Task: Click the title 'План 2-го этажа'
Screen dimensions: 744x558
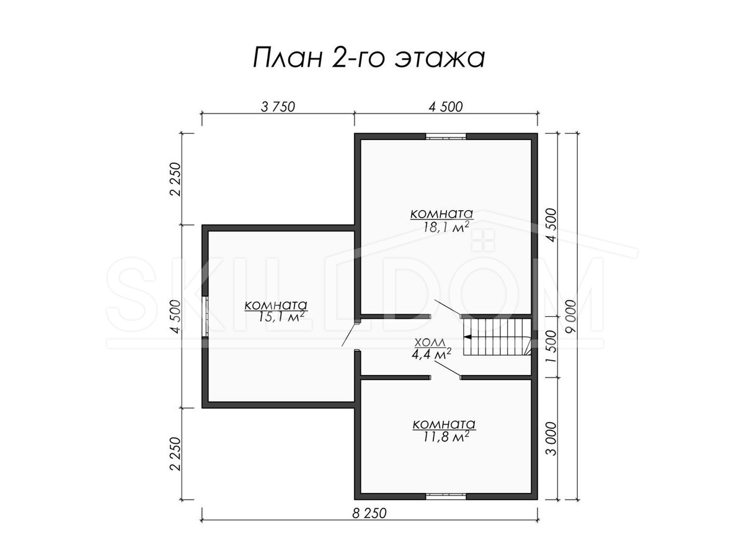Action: pos(369,58)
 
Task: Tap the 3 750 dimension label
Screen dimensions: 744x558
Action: pos(278,107)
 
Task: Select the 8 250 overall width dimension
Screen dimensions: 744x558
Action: pos(369,513)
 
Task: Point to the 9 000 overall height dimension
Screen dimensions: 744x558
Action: pos(571,316)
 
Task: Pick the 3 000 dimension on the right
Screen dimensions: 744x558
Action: pos(552,439)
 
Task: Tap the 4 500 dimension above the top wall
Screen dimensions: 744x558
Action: pos(445,107)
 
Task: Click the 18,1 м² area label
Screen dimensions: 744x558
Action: pos(446,227)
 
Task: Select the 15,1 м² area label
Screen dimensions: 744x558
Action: pos(281,316)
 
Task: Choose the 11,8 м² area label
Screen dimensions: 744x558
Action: pos(446,436)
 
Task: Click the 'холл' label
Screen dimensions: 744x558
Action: pos(430,342)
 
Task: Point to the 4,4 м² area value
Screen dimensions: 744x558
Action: pos(431,354)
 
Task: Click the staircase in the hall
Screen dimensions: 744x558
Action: pos(497,337)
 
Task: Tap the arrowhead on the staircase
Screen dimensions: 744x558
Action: pos(467,337)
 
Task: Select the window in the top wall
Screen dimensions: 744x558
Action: pos(446,136)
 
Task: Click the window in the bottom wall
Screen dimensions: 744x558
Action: pos(446,497)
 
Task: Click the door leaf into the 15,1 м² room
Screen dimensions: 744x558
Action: pos(350,334)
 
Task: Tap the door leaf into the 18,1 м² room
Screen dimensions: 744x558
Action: pos(448,308)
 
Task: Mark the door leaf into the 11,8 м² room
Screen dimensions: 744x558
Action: pos(448,369)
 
